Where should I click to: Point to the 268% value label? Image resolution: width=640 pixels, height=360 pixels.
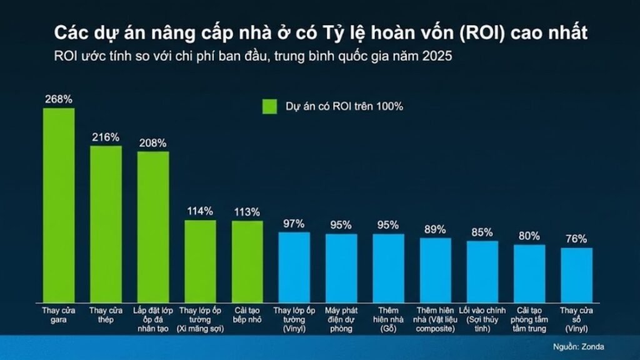click(58, 99)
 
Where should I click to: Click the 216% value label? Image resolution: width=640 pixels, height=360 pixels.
click(106, 137)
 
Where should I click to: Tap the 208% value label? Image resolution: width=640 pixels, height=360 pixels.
click(153, 142)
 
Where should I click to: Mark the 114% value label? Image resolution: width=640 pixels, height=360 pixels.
click(200, 211)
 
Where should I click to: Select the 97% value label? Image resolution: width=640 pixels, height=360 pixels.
click(294, 223)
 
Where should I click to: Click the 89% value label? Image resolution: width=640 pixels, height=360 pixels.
click(435, 229)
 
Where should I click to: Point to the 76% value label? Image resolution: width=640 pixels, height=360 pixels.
click(576, 239)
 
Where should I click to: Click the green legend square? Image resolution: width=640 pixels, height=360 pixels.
click(269, 106)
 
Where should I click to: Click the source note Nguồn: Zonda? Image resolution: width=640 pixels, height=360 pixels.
click(579, 347)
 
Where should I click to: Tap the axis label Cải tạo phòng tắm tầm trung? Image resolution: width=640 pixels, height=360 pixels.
click(529, 319)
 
